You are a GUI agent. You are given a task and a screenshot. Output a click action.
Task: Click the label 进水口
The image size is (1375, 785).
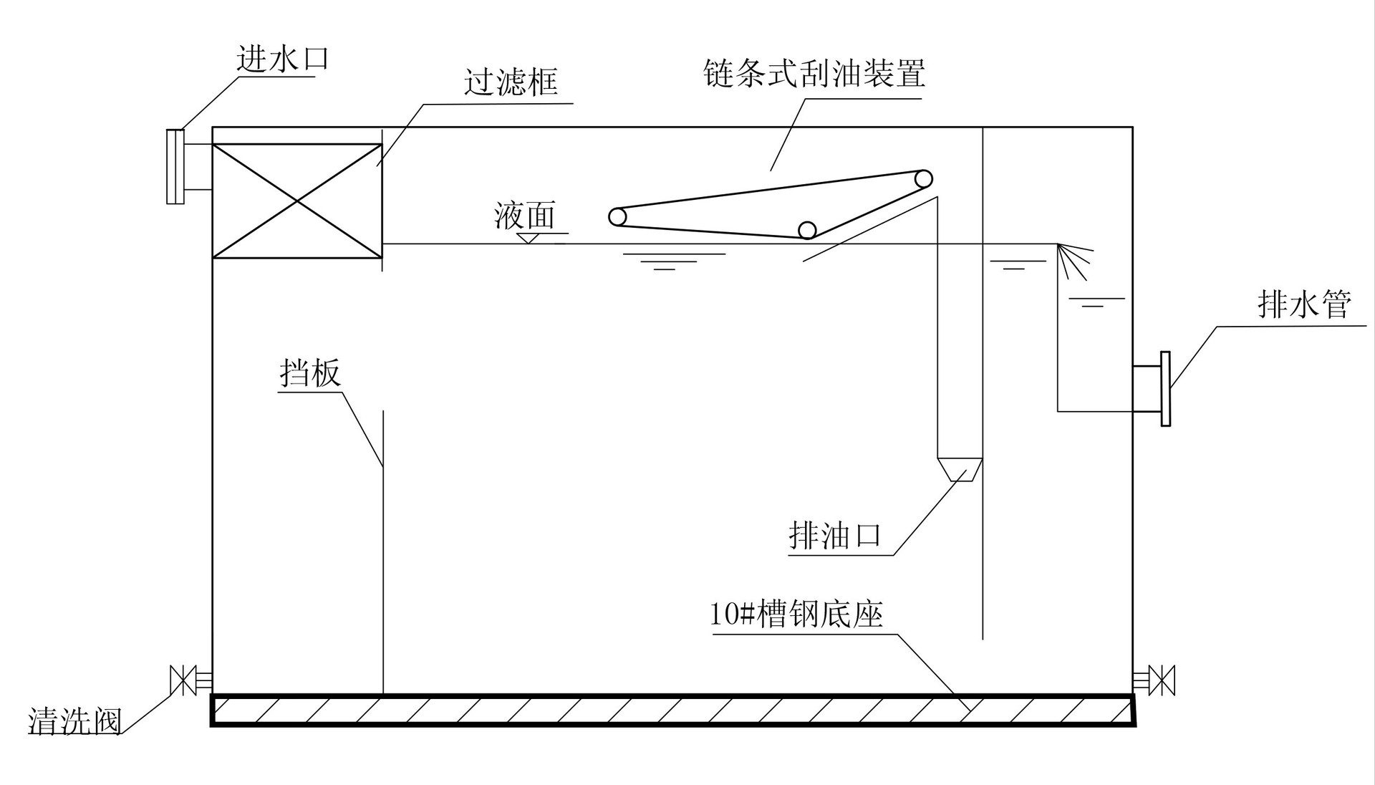click(x=282, y=59)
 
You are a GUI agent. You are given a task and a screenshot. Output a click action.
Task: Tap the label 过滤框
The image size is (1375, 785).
click(x=511, y=83)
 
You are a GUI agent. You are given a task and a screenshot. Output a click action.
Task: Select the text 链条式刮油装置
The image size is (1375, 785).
click(x=814, y=74)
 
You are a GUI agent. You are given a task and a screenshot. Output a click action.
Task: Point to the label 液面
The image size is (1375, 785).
click(x=524, y=216)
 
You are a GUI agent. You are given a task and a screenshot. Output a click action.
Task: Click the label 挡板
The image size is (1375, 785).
click(x=309, y=373)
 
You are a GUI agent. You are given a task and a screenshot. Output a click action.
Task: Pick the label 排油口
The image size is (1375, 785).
click(x=834, y=536)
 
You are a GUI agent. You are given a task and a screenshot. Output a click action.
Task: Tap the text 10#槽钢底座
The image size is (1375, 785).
click(x=796, y=615)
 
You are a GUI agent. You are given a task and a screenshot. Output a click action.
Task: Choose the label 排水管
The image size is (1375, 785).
click(x=1304, y=304)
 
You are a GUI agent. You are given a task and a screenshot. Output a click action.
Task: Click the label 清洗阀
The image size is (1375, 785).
click(x=75, y=721)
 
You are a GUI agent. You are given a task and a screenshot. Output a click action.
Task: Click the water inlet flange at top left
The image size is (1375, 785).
click(x=175, y=167)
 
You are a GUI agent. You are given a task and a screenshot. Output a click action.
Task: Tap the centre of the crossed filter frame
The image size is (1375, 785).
click(x=297, y=201)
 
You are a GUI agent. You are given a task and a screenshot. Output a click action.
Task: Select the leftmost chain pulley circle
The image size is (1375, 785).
click(x=617, y=216)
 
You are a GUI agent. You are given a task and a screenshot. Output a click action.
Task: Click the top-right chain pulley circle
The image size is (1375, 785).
click(x=923, y=178)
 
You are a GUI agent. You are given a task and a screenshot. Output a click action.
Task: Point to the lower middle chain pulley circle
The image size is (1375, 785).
click(x=807, y=230)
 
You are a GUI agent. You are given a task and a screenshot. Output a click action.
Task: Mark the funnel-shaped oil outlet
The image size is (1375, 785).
click(x=959, y=469)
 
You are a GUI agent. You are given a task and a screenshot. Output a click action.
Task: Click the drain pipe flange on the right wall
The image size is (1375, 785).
click(x=1164, y=389)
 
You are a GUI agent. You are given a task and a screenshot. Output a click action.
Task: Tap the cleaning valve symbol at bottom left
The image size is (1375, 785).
click(x=183, y=680)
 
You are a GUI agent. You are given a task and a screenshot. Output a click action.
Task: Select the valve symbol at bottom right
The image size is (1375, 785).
click(x=1161, y=680)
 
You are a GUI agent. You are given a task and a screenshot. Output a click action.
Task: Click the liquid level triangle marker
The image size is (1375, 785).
click(x=529, y=239)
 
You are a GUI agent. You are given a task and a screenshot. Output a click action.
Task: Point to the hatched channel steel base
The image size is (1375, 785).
click(x=672, y=710)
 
